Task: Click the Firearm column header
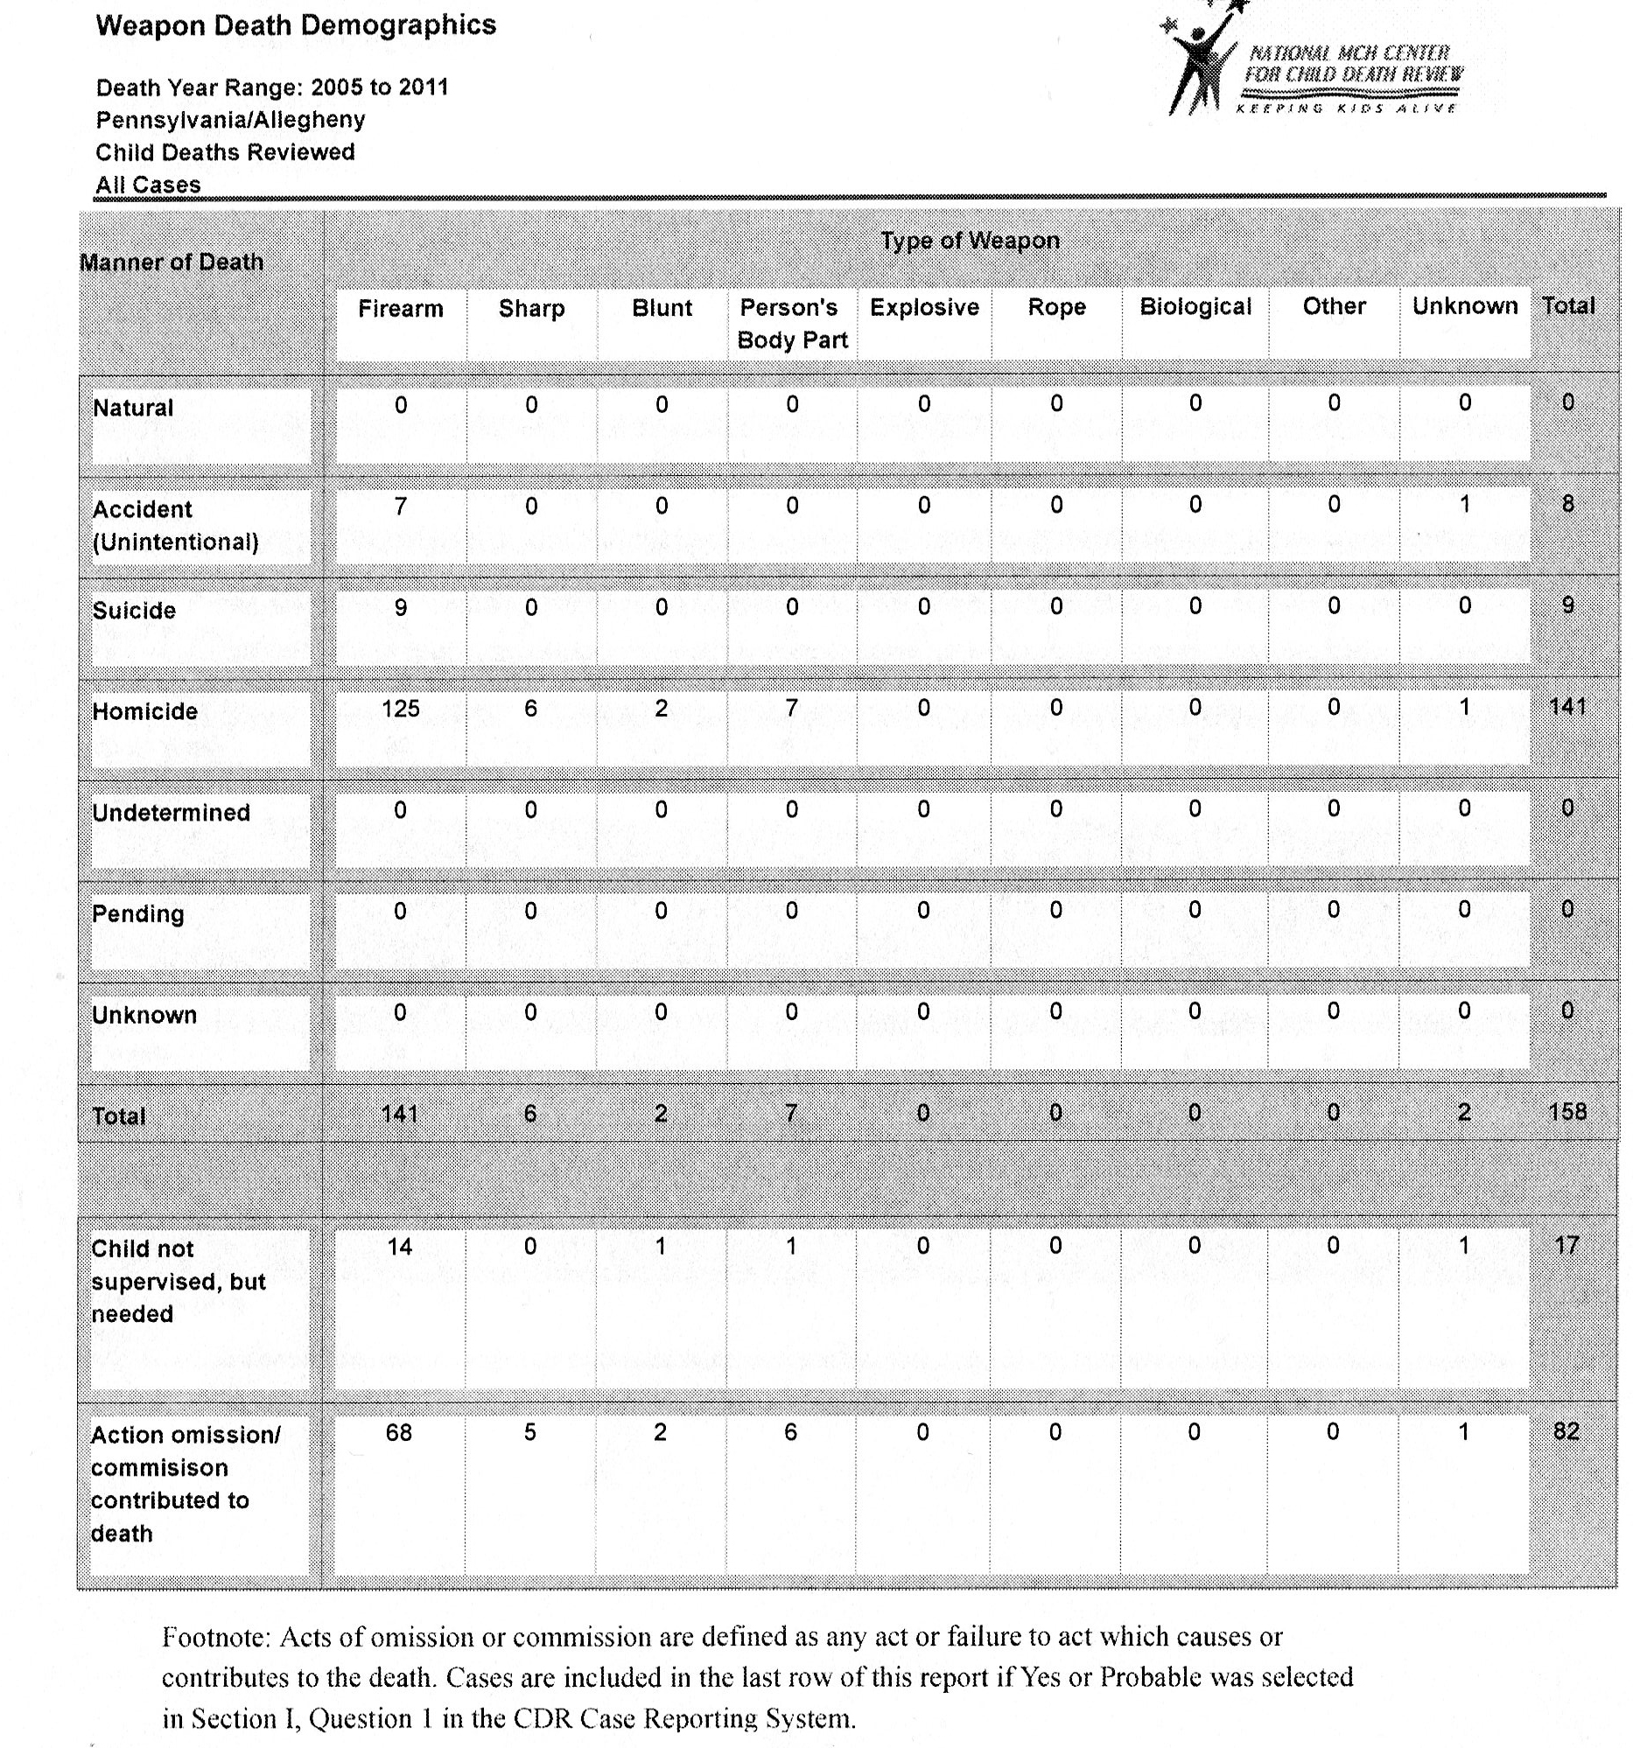click(x=400, y=309)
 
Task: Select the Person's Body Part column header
click(x=791, y=324)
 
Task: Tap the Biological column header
click(x=1195, y=307)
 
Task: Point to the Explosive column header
click(x=924, y=308)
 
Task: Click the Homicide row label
click(x=145, y=711)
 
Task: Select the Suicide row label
click(x=134, y=610)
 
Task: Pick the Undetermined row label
click(x=171, y=813)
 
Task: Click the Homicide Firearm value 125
click(x=400, y=708)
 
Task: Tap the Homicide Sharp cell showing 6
click(x=530, y=708)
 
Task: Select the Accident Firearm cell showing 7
click(x=400, y=506)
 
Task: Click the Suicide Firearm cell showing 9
click(x=400, y=606)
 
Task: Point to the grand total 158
click(x=1567, y=1112)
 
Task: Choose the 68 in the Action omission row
click(x=398, y=1432)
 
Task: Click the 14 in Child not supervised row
click(x=399, y=1247)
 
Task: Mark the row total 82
click(x=1566, y=1431)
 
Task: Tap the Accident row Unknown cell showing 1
click(x=1464, y=505)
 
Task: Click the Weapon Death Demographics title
click(x=296, y=25)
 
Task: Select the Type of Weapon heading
click(x=970, y=241)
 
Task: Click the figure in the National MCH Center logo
click(x=1196, y=61)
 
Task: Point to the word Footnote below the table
click(x=215, y=1637)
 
